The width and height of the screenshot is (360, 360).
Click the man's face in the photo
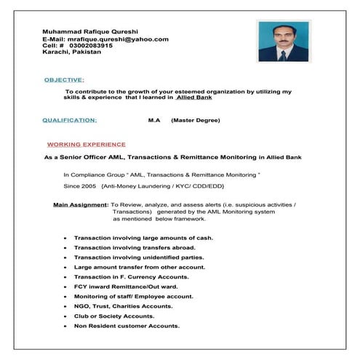[282, 34]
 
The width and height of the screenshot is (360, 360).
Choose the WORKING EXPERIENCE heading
[86, 144]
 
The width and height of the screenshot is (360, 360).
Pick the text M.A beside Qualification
[153, 120]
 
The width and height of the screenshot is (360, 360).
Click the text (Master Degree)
[195, 120]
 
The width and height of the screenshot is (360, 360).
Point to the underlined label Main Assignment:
[81, 206]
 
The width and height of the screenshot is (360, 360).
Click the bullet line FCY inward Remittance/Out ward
[126, 287]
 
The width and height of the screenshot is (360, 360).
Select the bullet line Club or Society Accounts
[114, 316]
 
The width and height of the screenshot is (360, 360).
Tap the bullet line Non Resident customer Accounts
[127, 326]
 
